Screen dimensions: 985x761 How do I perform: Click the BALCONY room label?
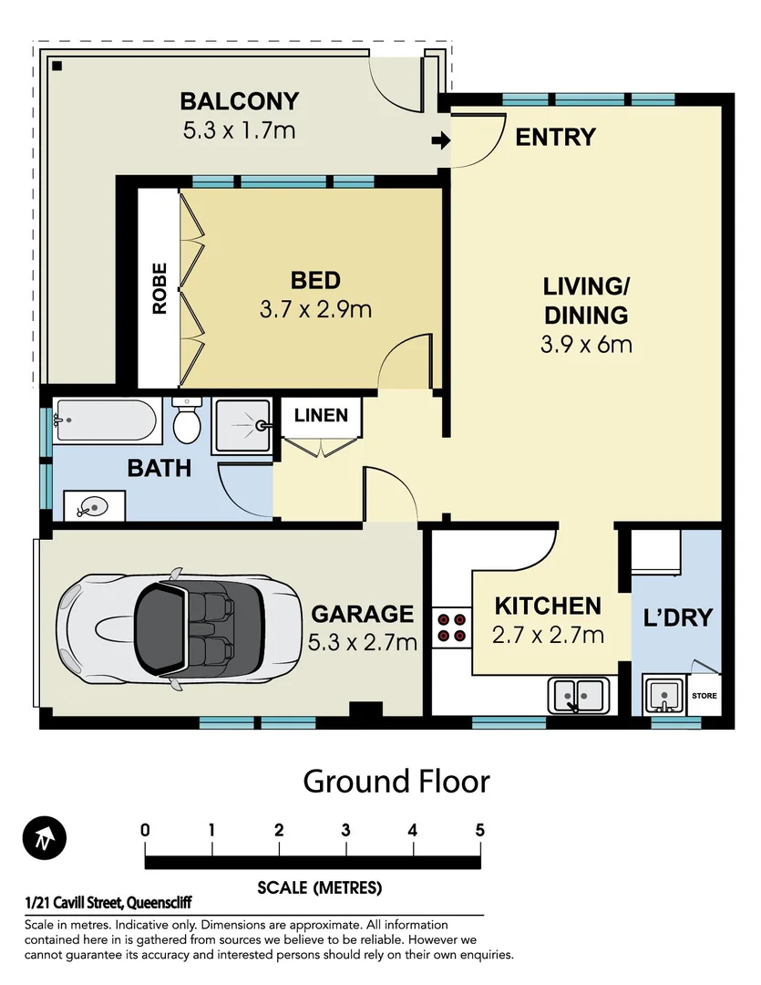[x=239, y=101]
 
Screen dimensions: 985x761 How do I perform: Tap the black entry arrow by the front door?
[x=440, y=140]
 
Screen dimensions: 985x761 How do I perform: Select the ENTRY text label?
[x=555, y=138]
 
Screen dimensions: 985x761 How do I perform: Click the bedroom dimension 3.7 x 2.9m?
[x=315, y=309]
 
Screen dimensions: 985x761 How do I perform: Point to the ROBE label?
[x=159, y=288]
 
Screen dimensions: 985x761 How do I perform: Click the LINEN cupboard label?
[x=321, y=416]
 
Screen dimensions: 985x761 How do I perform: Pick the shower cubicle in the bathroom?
[x=242, y=426]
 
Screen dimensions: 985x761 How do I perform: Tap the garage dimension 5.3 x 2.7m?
[x=362, y=642]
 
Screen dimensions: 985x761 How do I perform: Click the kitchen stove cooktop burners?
[x=450, y=625]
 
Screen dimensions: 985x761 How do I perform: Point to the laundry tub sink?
[x=664, y=696]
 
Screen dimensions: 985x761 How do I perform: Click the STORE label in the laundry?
[x=704, y=696]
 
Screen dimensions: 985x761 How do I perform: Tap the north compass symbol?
[x=44, y=836]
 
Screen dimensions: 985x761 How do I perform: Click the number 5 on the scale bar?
[x=479, y=830]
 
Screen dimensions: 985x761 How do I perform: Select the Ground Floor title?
[x=396, y=782]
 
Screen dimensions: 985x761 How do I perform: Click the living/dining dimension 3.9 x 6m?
[x=586, y=345]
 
